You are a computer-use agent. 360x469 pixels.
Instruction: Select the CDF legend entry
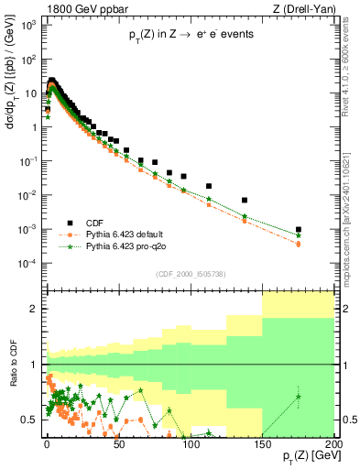tap(93, 222)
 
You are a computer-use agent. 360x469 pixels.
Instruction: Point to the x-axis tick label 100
tap(190, 442)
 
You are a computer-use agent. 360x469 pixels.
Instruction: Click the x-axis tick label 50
tap(118, 442)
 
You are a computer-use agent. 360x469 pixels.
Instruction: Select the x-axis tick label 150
tap(262, 442)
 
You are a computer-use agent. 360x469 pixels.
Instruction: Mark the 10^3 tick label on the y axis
tap(27, 26)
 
